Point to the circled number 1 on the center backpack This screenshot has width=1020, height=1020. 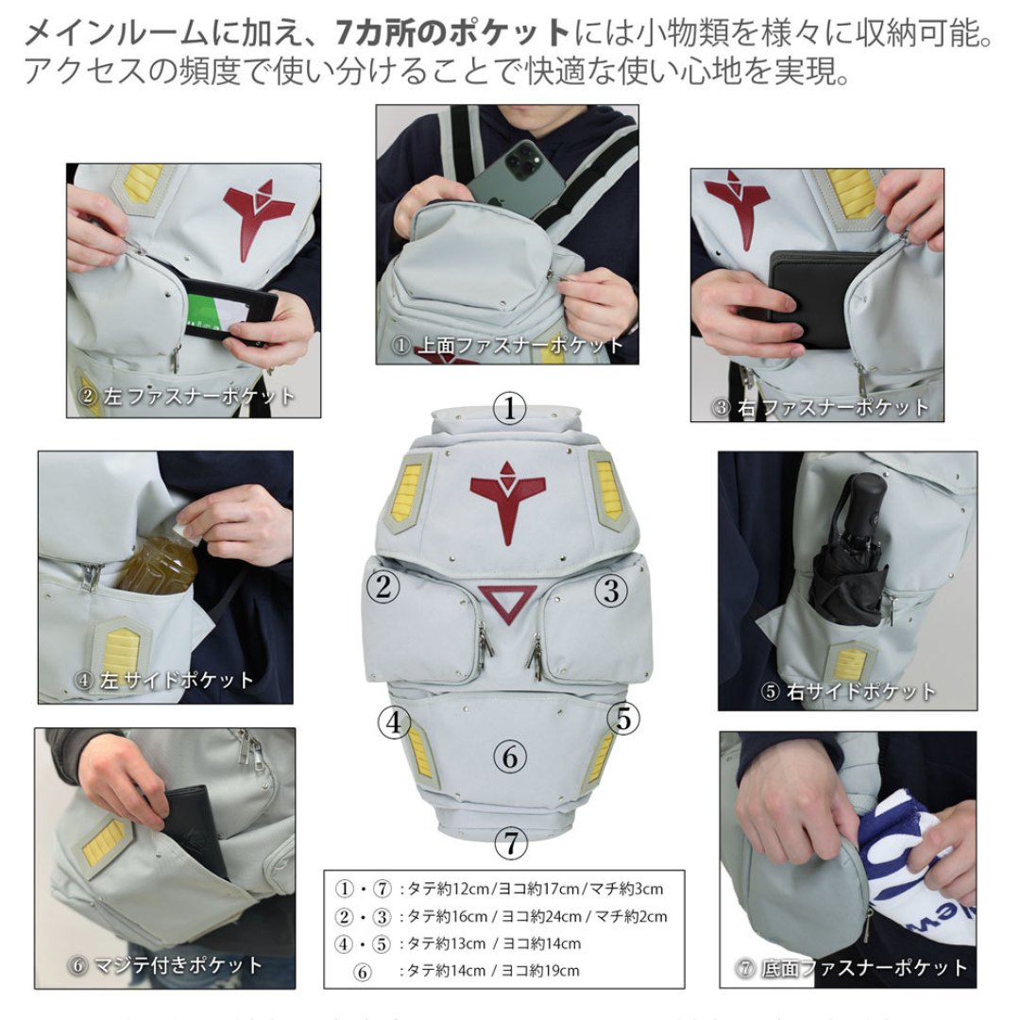click(509, 409)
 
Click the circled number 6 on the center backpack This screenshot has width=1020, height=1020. click(509, 757)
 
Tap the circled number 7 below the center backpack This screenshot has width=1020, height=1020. click(511, 843)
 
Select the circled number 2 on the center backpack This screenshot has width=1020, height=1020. click(383, 587)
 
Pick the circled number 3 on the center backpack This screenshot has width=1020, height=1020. click(611, 590)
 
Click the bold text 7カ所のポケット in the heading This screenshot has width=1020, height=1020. click(452, 32)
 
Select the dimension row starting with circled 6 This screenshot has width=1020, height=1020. click(467, 971)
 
